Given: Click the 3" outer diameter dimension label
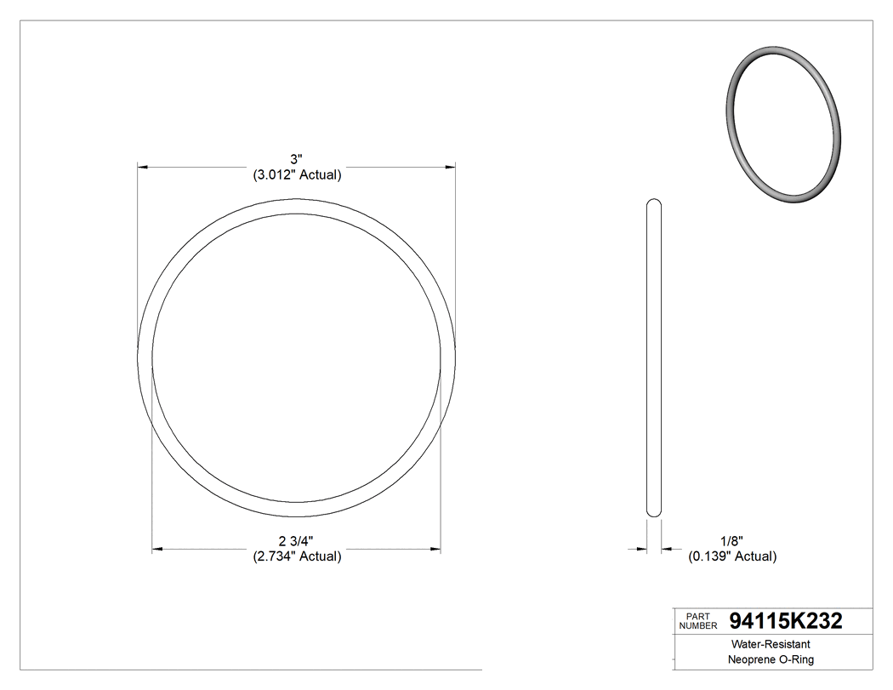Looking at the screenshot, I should click(x=296, y=159).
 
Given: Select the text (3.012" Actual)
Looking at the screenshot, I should click(x=297, y=175).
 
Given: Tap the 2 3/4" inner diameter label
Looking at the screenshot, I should click(x=296, y=541).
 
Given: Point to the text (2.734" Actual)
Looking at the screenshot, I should click(x=297, y=556).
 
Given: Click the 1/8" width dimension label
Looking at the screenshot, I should click(x=731, y=541).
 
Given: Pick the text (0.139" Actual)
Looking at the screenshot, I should click(x=731, y=556).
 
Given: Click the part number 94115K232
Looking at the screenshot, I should click(x=786, y=621).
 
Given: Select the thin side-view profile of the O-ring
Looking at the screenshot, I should click(x=654, y=357).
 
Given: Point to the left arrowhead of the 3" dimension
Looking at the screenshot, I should click(x=143, y=168).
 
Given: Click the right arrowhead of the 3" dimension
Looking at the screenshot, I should click(x=450, y=168).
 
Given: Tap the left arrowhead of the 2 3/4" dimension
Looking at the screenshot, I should click(x=156, y=550).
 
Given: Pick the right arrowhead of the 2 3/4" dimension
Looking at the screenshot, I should click(x=435, y=550).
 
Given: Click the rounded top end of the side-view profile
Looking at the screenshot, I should click(x=654, y=203).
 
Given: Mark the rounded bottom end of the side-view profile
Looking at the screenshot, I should click(x=654, y=512).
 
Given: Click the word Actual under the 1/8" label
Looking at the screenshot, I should click(x=754, y=556).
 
